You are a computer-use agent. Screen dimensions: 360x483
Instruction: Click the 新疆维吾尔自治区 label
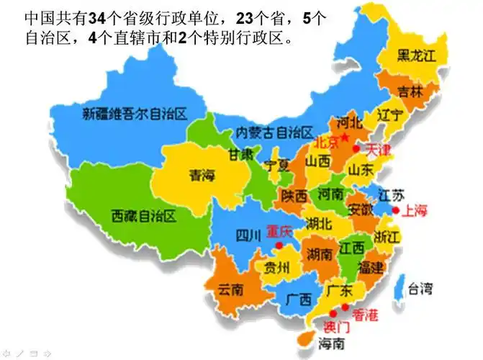click(135, 113)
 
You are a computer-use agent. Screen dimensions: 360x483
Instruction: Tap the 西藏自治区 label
click(144, 215)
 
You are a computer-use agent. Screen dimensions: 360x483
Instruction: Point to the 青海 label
click(202, 174)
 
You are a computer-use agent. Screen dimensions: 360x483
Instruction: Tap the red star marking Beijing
click(345, 137)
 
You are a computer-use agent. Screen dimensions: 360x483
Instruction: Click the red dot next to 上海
click(395, 210)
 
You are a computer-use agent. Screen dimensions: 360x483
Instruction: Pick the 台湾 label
click(420, 290)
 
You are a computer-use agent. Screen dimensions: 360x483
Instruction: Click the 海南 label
click(333, 343)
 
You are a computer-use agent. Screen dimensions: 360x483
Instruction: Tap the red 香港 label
click(364, 314)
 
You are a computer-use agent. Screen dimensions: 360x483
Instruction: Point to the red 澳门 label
click(337, 325)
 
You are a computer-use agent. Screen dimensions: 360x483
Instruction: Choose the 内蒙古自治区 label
click(275, 132)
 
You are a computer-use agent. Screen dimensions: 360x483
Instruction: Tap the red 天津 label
click(377, 150)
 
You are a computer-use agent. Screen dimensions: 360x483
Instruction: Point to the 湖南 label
click(318, 253)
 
